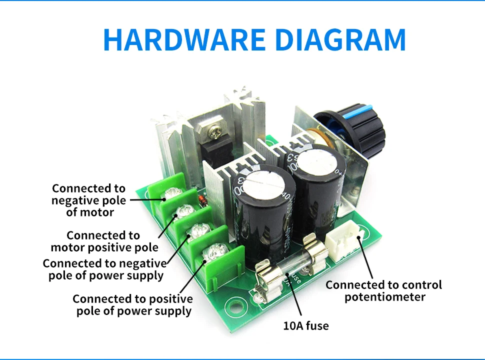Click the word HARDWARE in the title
[x=184, y=39]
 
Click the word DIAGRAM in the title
[x=340, y=39]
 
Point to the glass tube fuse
[x=291, y=266]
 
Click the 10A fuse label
[x=306, y=325]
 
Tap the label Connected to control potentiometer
[x=384, y=290]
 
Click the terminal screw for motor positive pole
[x=185, y=211]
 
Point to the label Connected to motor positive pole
[x=104, y=241]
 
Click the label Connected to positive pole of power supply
[x=133, y=305]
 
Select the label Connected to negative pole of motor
[x=89, y=200]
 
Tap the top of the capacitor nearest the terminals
[x=263, y=185]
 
